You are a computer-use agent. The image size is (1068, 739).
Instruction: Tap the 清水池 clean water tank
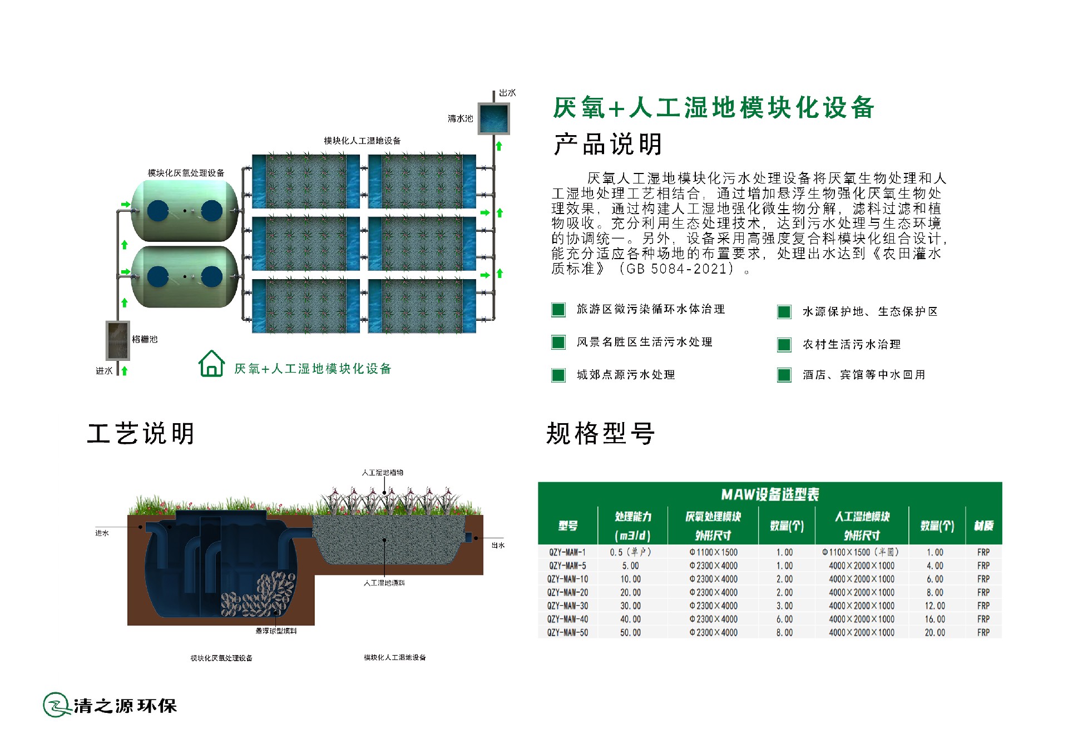pyautogui.click(x=494, y=118)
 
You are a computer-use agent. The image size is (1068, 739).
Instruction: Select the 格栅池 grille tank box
pyautogui.click(x=118, y=340)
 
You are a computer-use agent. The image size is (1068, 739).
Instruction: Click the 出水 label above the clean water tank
pyautogui.click(x=507, y=93)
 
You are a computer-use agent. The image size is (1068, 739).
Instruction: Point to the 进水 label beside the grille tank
pyautogui.click(x=104, y=371)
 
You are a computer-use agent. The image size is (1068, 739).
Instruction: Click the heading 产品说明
pyautogui.click(x=607, y=144)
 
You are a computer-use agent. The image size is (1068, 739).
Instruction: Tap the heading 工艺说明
pyautogui.click(x=141, y=434)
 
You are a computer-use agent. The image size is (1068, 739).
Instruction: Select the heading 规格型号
pyautogui.click(x=600, y=434)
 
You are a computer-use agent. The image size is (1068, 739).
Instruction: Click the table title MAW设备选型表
pyautogui.click(x=770, y=494)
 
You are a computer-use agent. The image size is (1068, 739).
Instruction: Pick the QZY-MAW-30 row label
pyautogui.click(x=567, y=606)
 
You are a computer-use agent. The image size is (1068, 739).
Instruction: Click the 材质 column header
pyautogui.click(x=983, y=525)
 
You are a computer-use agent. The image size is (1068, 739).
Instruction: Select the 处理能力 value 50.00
pyautogui.click(x=630, y=632)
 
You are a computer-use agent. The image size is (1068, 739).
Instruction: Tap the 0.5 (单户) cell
pyautogui.click(x=630, y=552)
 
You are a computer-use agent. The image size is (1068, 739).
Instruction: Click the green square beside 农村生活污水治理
pyautogui.click(x=784, y=345)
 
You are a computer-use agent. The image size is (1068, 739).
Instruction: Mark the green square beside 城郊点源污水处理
pyautogui.click(x=558, y=375)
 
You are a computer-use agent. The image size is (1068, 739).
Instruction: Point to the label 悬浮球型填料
pyautogui.click(x=276, y=631)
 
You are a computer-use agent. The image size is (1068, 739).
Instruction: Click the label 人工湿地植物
pyautogui.click(x=383, y=473)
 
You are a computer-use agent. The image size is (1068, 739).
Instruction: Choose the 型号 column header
pyautogui.click(x=567, y=525)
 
